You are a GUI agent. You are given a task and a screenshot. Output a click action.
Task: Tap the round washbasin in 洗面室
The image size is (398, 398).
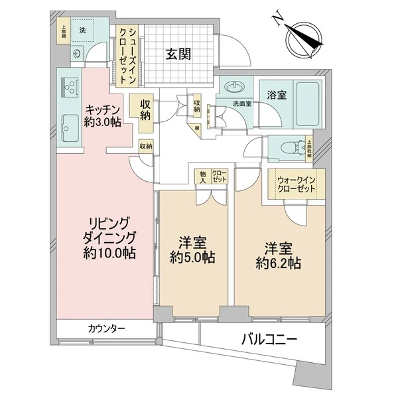pyautogui.click(x=233, y=87)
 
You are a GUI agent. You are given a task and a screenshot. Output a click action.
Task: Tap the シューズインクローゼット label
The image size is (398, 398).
pyautogui.click(x=125, y=54)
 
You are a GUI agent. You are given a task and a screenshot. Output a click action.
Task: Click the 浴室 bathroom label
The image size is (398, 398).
pyautogui.click(x=278, y=95)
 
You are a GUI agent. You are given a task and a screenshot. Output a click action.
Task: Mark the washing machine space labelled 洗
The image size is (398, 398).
pyautogui.click(x=83, y=31)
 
